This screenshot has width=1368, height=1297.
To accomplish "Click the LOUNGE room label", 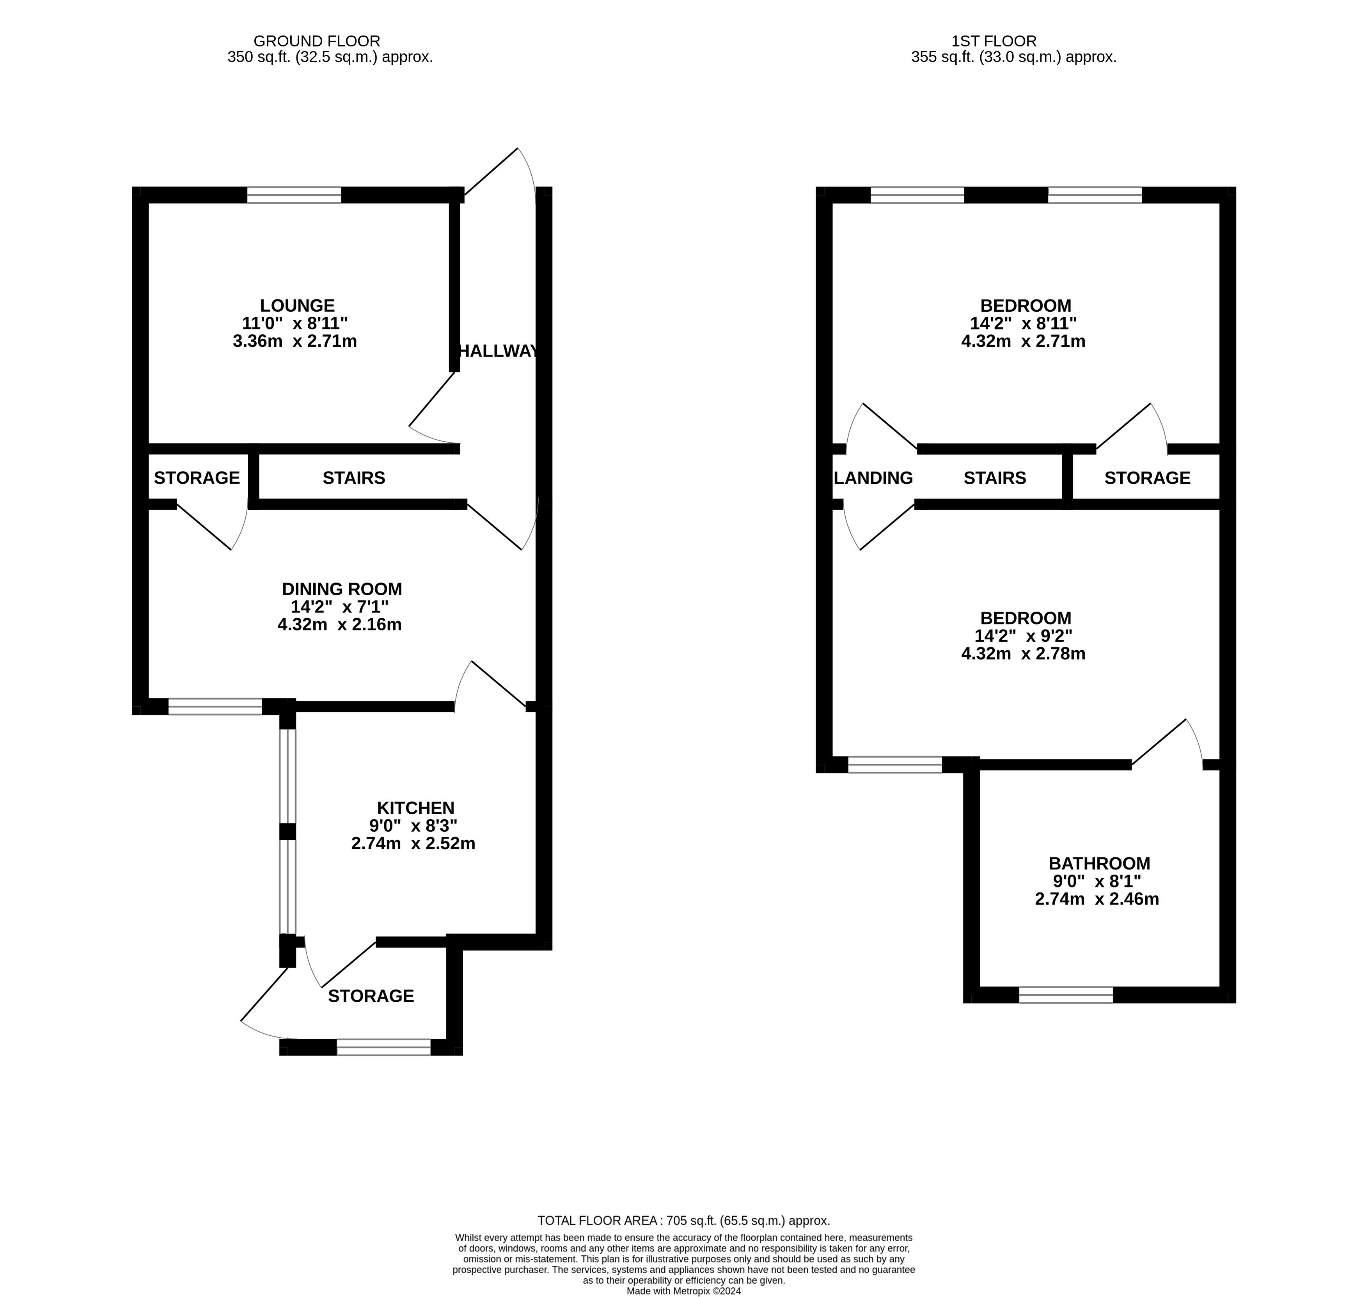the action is coord(297,305).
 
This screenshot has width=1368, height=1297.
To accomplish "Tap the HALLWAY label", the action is coord(498,351).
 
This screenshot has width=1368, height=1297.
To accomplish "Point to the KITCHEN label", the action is coord(415,808).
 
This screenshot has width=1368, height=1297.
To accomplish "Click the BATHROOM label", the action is coord(1099,864).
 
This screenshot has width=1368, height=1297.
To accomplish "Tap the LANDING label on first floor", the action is coord(874,478).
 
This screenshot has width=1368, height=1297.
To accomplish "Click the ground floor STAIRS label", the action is coord(354,478).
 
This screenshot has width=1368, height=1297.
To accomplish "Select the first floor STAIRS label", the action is coord(995,478).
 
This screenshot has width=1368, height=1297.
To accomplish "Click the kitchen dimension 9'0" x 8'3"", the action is coord(413,825).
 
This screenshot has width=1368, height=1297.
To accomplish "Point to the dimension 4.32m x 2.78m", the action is coord(1023,653).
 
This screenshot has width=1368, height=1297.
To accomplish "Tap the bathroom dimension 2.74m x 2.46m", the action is coord(1097,899).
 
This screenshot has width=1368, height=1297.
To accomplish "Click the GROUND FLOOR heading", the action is coord(317,41).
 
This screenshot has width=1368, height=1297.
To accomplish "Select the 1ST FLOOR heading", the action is coord(994,41).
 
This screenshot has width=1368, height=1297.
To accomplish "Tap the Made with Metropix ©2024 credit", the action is coord(684,1291).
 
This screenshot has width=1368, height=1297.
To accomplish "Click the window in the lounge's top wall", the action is coord(295,195).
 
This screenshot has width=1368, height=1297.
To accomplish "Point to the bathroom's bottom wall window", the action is coord(1066,995).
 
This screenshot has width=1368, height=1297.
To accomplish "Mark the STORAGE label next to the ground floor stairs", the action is coord(197,478).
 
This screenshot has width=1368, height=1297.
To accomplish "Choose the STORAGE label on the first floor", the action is coord(1148,478).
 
